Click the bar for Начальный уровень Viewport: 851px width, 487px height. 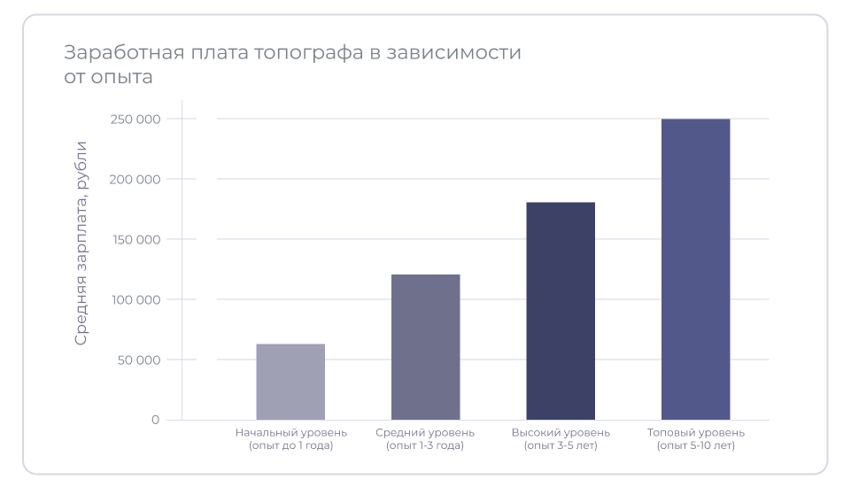(x=290, y=382)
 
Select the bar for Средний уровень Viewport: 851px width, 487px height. (x=425, y=347)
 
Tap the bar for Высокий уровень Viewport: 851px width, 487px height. (x=561, y=311)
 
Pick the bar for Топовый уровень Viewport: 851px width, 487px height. (x=695, y=269)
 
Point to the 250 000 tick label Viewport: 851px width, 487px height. (x=135, y=120)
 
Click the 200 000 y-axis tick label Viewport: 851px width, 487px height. (x=135, y=180)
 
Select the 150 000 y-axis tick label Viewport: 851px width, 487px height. (x=135, y=240)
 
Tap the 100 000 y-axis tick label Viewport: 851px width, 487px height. (x=135, y=300)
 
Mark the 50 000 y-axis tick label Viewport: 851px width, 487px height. (x=137, y=360)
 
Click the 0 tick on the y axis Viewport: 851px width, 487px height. (x=155, y=420)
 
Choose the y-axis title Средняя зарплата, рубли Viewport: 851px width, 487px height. (x=81, y=243)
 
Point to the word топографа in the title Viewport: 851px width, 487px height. (x=308, y=53)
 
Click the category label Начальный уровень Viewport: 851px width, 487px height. (x=290, y=433)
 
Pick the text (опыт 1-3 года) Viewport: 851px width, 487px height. (x=425, y=446)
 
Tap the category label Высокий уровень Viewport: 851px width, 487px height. (x=561, y=433)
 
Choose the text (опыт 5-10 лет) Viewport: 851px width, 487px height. (x=696, y=446)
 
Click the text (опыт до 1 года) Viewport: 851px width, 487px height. (x=290, y=446)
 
